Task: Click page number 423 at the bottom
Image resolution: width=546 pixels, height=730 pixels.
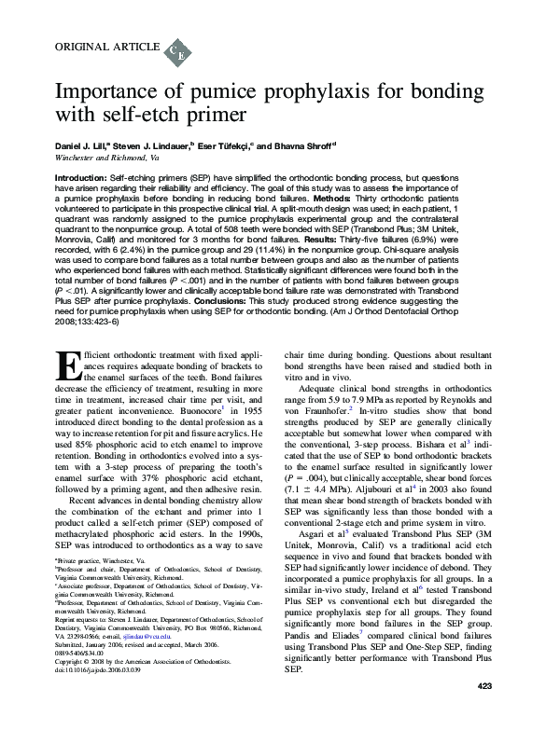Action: click(x=483, y=712)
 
